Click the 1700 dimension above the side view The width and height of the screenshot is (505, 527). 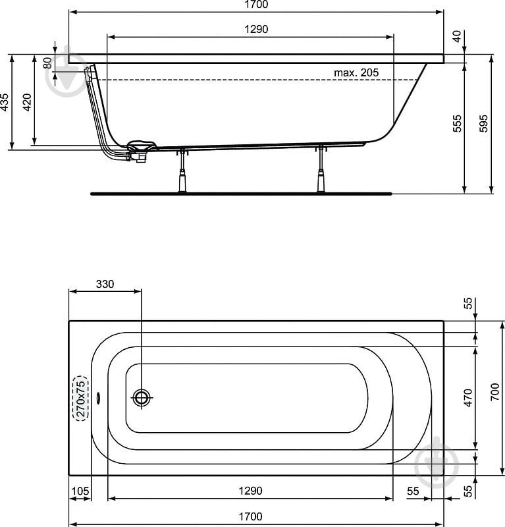[x=256, y=5]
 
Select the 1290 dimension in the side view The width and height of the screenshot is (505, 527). [x=256, y=29]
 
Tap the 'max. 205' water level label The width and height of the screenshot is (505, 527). [x=356, y=72]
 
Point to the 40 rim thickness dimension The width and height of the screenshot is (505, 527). [x=458, y=36]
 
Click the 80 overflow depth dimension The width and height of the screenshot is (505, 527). [x=47, y=63]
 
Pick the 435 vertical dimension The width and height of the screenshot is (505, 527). [x=5, y=102]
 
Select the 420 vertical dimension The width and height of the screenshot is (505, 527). [x=27, y=102]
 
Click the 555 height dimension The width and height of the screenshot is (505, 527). [x=458, y=123]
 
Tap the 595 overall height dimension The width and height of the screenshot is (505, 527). [x=483, y=123]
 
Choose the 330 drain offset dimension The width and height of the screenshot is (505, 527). [x=105, y=284]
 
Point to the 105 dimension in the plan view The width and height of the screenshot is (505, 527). [x=80, y=491]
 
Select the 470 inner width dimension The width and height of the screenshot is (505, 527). [x=467, y=398]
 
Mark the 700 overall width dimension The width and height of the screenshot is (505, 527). [x=494, y=391]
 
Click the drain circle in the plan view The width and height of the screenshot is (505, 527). [x=142, y=398]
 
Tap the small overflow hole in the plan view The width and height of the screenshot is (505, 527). [x=98, y=398]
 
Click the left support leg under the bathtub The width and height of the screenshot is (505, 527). [x=182, y=171]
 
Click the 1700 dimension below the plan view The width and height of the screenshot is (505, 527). [x=250, y=516]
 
